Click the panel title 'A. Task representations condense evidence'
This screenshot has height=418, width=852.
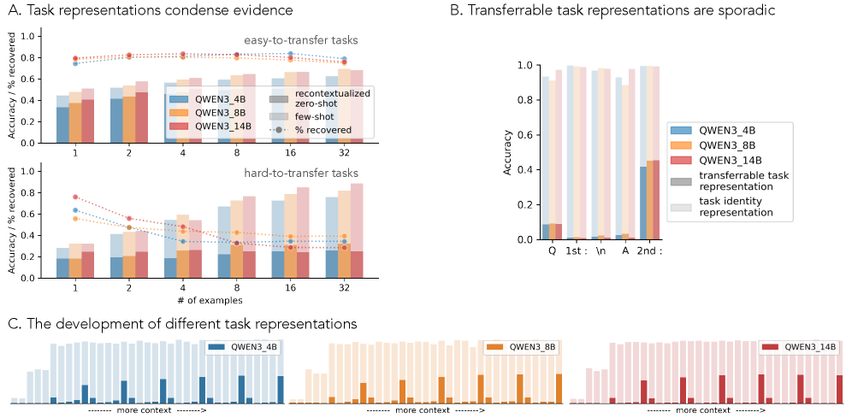tap(150, 10)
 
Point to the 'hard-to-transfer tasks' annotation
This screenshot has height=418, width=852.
tap(314, 174)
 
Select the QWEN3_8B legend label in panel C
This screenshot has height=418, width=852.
tap(531, 347)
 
